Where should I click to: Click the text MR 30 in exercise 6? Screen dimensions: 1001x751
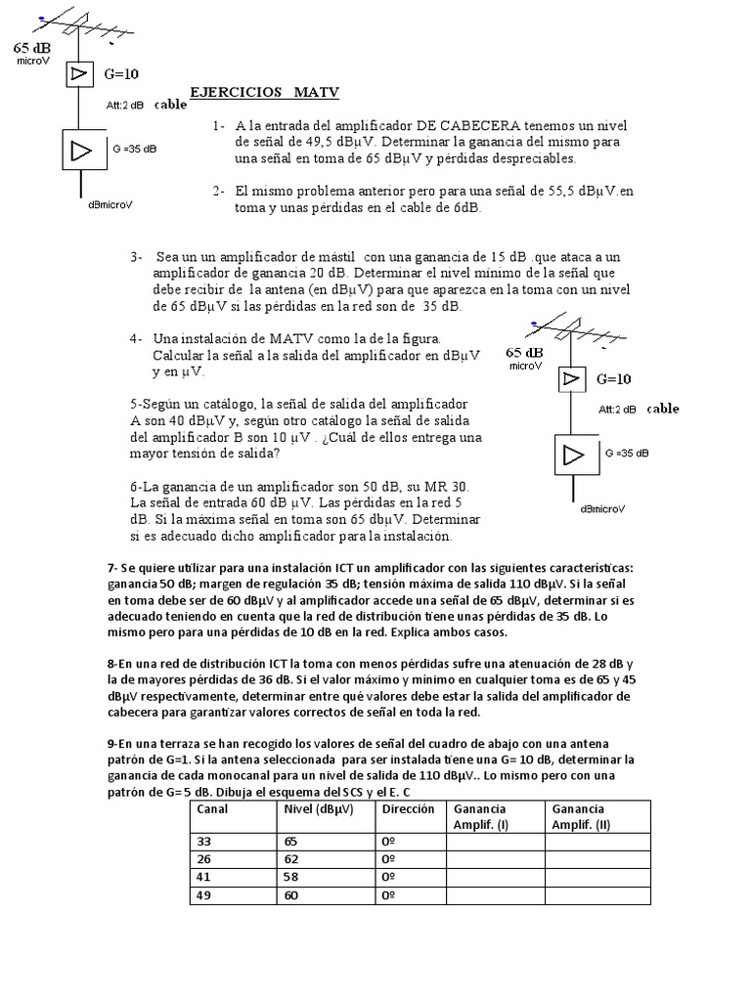pyautogui.click(x=449, y=486)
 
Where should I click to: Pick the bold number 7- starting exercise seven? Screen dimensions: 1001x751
pyautogui.click(x=113, y=568)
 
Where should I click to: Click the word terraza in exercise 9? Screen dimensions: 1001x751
pyautogui.click(x=167, y=744)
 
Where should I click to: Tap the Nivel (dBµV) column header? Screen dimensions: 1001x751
pyautogui.click(x=319, y=809)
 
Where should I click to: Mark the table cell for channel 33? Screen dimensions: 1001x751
pyautogui.click(x=204, y=842)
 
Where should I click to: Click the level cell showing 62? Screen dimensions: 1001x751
pyautogui.click(x=291, y=859)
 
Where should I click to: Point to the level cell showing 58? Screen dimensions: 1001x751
pyautogui.click(x=291, y=877)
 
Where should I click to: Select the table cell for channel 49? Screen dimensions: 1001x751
pyautogui.click(x=204, y=894)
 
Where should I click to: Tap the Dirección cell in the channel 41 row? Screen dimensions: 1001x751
pyautogui.click(x=388, y=877)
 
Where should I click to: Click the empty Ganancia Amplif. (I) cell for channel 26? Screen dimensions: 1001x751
pyautogui.click(x=495, y=859)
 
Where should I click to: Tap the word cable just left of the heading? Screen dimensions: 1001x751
pyautogui.click(x=170, y=104)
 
